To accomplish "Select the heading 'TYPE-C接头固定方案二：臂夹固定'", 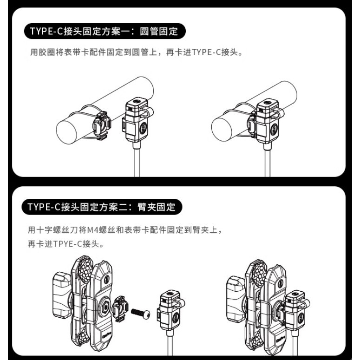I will click(102, 207).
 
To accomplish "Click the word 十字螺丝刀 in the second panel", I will click(60, 230).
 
